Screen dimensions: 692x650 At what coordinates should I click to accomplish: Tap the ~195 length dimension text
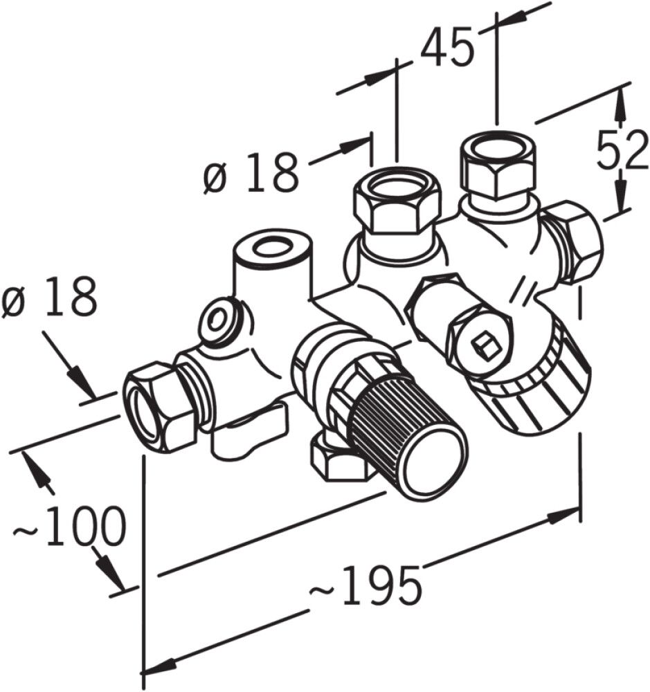coord(365,586)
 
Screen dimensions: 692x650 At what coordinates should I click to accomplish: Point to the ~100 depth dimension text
coord(70,527)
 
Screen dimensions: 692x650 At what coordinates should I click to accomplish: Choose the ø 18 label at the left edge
coord(48,300)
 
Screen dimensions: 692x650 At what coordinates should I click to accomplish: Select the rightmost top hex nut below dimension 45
coord(498,167)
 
